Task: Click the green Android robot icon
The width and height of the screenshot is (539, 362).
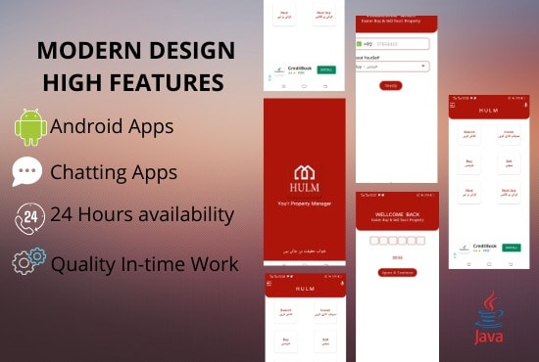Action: (31, 127)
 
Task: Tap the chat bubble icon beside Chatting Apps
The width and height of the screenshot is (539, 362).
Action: (27, 172)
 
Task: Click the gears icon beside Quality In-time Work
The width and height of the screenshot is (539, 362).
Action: (29, 261)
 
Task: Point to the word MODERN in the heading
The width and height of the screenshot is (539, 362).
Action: (82, 51)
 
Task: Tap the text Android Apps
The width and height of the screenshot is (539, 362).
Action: (112, 126)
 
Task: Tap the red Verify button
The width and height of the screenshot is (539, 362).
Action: (391, 86)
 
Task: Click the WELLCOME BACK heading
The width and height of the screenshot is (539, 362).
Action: (396, 214)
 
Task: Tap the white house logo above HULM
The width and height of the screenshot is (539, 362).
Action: (304, 172)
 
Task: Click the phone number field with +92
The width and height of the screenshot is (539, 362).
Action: (396, 43)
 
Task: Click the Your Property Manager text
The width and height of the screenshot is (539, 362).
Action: (304, 204)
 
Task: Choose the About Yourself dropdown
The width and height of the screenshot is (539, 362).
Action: (396, 67)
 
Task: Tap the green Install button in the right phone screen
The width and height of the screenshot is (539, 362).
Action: (512, 248)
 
